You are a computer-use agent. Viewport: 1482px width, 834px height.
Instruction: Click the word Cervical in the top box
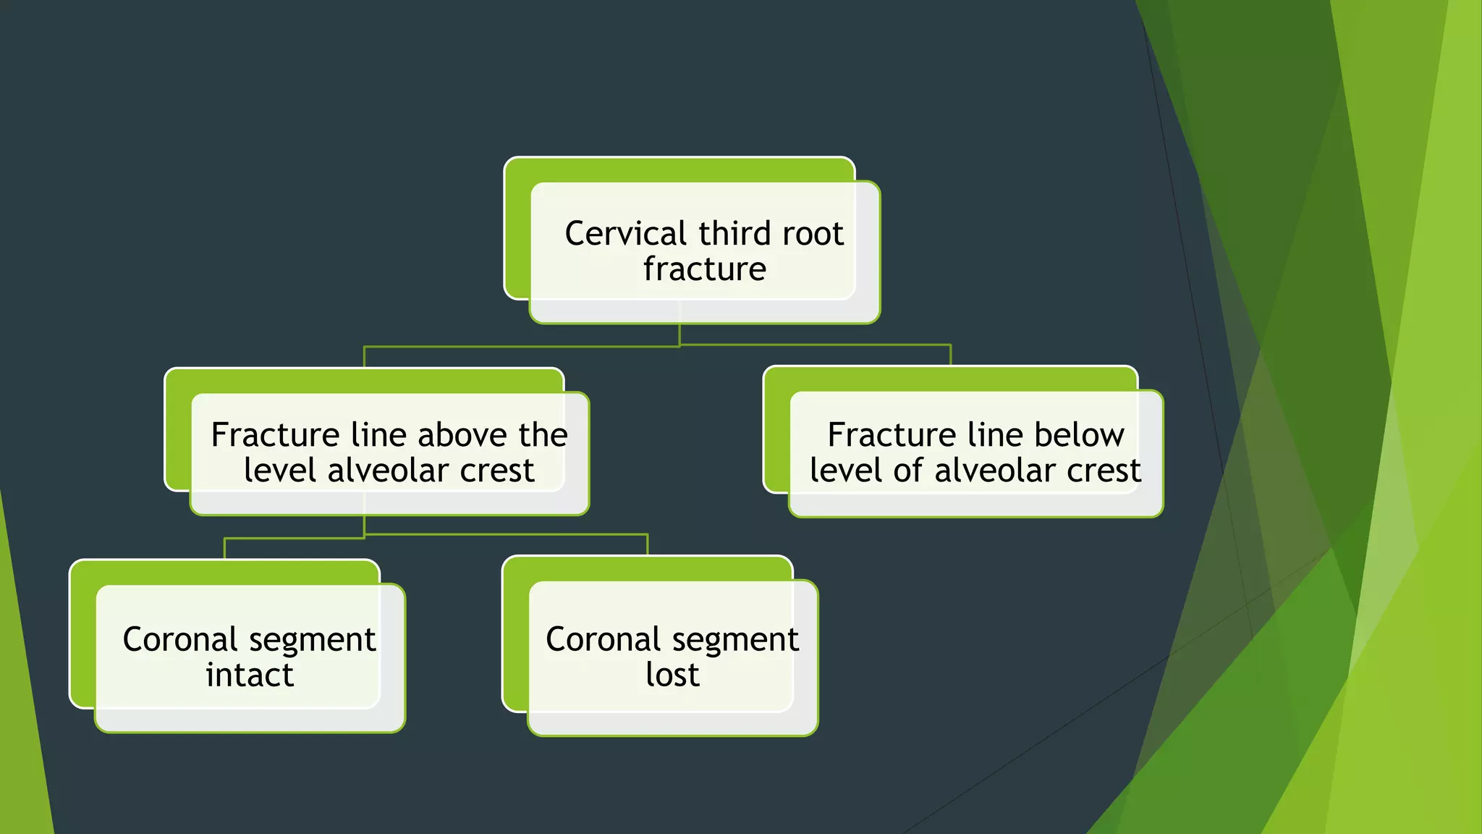pos(625,234)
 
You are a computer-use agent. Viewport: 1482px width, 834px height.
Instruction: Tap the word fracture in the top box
pos(704,269)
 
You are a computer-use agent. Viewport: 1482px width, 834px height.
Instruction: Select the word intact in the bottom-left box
pos(250,675)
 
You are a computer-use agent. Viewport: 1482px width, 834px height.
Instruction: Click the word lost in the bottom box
pos(672,675)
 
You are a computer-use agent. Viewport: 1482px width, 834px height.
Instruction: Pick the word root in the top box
pos(813,234)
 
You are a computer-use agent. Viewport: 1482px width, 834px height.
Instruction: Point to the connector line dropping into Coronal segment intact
pos(225,548)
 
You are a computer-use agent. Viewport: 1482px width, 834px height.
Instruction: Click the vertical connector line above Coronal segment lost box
pos(648,544)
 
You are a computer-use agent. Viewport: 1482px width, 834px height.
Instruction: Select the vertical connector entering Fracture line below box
pos(950,355)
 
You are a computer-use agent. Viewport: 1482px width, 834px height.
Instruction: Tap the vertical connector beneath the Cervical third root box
pos(679,334)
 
